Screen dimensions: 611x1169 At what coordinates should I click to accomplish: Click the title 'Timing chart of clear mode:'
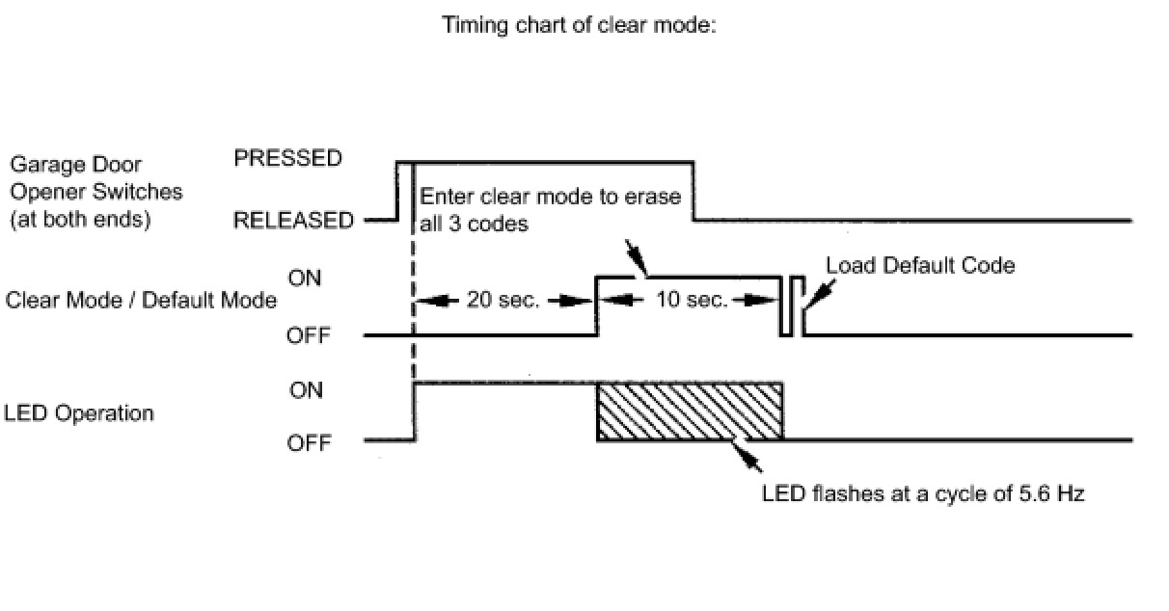click(x=578, y=26)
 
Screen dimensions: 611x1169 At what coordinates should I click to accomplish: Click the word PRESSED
click(x=287, y=159)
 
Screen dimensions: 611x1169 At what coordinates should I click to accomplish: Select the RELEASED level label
click(x=293, y=221)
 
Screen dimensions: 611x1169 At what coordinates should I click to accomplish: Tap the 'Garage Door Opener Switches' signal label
click(x=95, y=192)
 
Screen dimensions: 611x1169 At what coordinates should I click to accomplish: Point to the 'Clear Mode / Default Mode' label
click(x=141, y=300)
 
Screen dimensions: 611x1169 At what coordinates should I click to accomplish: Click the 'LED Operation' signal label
click(x=79, y=413)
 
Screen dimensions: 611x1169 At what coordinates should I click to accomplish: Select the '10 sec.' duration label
click(x=692, y=300)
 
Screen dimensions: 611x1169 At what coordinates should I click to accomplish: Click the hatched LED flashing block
click(x=690, y=412)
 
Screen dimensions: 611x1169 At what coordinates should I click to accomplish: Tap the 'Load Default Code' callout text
click(x=920, y=264)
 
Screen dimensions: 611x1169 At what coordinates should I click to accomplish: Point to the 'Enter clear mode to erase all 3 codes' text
click(x=550, y=208)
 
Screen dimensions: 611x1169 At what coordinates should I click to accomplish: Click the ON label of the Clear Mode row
click(x=308, y=278)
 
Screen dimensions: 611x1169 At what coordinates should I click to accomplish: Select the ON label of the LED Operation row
click(x=307, y=389)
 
